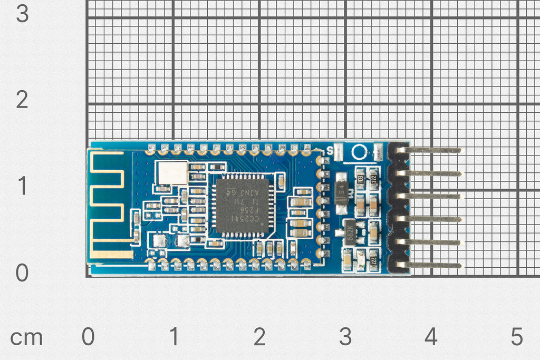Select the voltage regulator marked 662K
[x=349, y=232]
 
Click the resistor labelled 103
[x=361, y=179]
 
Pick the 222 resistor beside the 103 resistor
[x=373, y=179]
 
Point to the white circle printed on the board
[x=359, y=152]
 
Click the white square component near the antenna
[x=171, y=172]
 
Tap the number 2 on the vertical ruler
[x=22, y=100]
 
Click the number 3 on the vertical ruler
[x=22, y=13]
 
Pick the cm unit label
[x=26, y=338]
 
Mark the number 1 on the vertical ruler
[x=22, y=186]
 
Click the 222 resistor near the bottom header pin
[x=373, y=260]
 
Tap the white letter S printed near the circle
[x=330, y=150]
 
